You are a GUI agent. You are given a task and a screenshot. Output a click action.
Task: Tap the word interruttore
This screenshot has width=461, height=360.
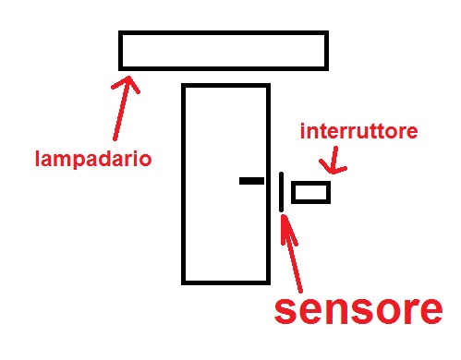point(359,131)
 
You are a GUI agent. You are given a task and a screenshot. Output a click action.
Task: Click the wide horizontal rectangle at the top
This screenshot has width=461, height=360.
point(224,50)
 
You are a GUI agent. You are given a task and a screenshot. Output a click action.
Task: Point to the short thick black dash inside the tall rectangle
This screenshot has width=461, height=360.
point(250,180)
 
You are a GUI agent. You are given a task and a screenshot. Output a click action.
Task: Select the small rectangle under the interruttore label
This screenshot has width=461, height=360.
point(310,192)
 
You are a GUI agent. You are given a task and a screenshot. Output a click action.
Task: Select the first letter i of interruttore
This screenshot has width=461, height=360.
point(302,131)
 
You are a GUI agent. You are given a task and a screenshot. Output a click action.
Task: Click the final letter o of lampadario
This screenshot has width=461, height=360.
point(145,158)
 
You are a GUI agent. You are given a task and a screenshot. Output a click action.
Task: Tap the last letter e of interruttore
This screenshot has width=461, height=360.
point(413,132)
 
